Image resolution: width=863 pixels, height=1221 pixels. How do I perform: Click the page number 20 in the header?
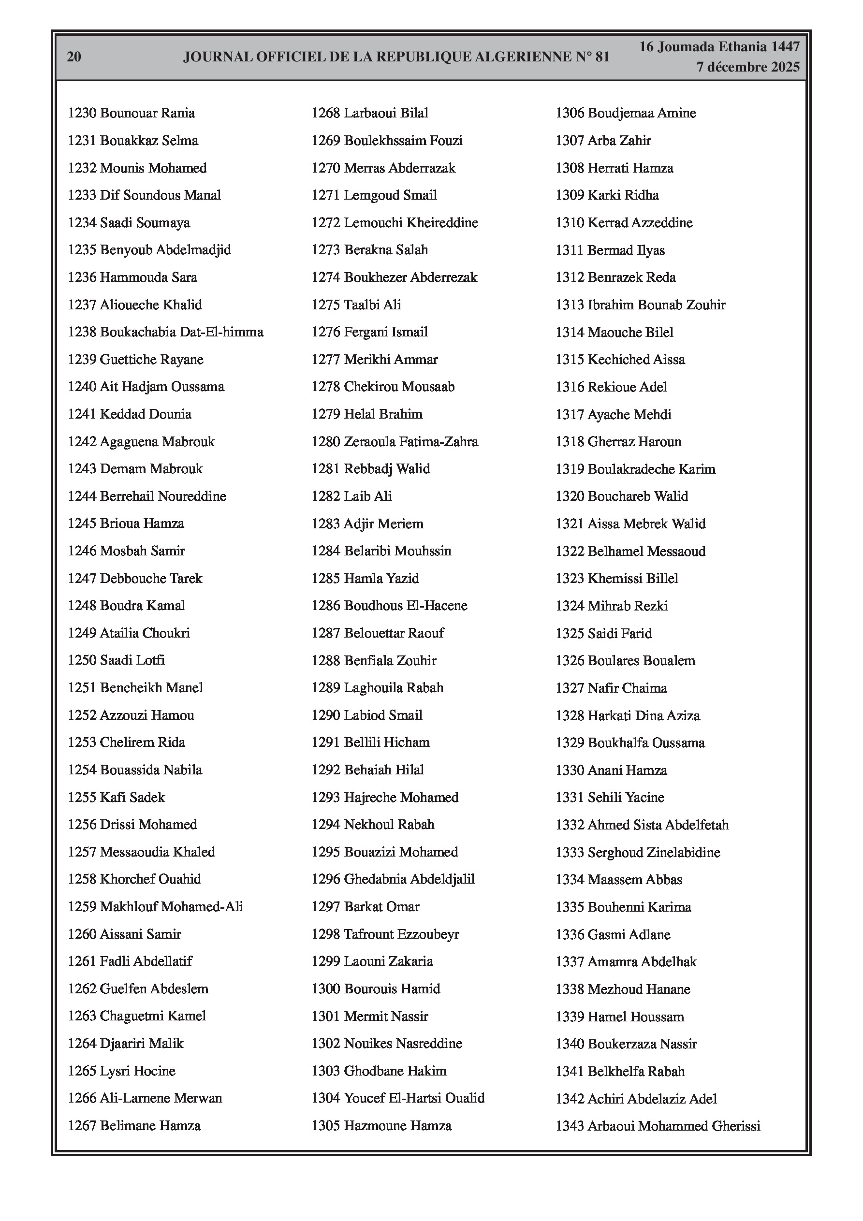(x=74, y=57)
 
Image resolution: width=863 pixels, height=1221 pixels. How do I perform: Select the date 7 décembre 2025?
(x=747, y=67)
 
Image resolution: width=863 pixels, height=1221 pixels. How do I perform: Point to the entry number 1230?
(x=82, y=113)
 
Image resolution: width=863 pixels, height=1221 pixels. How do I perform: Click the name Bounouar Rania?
(x=147, y=113)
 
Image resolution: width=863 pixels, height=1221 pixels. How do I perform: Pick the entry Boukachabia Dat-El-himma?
(x=181, y=333)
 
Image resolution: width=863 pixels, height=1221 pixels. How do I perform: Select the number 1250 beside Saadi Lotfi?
(x=82, y=660)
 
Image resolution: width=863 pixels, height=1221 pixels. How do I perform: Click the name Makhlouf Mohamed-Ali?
(x=171, y=907)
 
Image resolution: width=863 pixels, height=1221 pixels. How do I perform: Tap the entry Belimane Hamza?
(x=150, y=1125)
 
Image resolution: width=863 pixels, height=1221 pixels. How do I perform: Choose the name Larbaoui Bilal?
(x=386, y=113)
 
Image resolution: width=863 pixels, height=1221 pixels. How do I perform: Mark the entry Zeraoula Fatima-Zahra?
(x=411, y=442)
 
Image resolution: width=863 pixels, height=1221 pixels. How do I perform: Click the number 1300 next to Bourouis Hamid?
(x=326, y=988)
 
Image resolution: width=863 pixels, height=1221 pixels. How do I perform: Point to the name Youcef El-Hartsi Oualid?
(x=414, y=1098)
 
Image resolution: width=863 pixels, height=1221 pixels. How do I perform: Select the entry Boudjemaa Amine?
(x=642, y=113)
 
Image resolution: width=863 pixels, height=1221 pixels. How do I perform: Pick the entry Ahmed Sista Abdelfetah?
(x=658, y=825)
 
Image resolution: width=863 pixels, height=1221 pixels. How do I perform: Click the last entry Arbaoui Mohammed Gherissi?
(x=673, y=1126)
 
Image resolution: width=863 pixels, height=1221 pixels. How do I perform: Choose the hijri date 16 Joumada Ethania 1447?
(x=719, y=47)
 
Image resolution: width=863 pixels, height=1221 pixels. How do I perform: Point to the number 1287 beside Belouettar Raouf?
(x=326, y=633)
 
